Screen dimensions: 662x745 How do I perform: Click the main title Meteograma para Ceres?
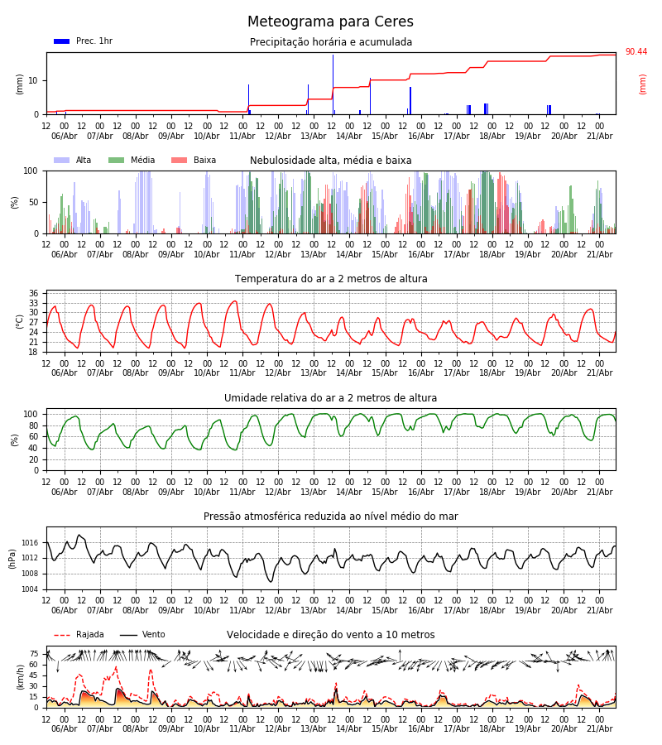coord(330,22)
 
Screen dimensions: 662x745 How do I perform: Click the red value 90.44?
coord(636,52)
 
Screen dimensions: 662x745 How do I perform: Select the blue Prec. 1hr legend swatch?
coord(62,41)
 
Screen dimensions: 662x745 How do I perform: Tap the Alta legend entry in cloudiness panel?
coord(73,160)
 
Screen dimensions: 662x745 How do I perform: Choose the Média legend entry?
coord(132,160)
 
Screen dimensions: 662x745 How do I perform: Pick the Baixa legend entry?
coord(194,160)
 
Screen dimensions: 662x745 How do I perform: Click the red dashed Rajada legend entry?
coord(79,634)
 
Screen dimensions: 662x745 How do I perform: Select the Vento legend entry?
coord(142,634)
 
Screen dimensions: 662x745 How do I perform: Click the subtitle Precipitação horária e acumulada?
coord(331,42)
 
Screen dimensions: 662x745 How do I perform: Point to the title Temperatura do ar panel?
coord(331,279)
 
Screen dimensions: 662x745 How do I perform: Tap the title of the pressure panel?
coord(331,516)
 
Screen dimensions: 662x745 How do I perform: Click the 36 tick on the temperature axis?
coord(33,293)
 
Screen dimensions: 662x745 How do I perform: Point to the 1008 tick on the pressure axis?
coord(30,574)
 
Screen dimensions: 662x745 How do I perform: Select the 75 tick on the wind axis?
coord(34,654)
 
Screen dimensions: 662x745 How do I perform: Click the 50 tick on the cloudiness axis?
coord(33,203)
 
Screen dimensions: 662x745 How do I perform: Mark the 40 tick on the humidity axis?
coord(33,448)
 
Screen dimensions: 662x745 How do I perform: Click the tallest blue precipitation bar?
coord(333,84)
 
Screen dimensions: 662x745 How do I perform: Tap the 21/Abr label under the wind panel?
coord(600,728)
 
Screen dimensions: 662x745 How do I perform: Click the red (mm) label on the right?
coord(642,84)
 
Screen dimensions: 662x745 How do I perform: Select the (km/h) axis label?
coord(20,677)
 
